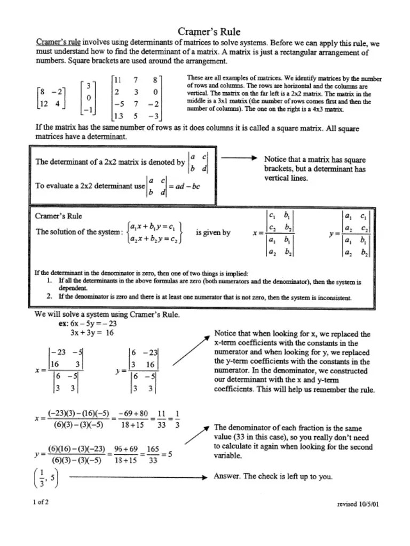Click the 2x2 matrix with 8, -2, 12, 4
(x=50, y=98)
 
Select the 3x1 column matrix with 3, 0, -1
(x=88, y=98)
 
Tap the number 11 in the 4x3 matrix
(x=118, y=80)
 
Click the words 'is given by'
(x=213, y=232)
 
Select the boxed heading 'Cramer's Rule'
(x=59, y=216)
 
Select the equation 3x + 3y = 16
(x=92, y=332)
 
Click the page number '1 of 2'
(x=41, y=502)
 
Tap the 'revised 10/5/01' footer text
(x=358, y=504)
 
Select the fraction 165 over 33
(x=153, y=455)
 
